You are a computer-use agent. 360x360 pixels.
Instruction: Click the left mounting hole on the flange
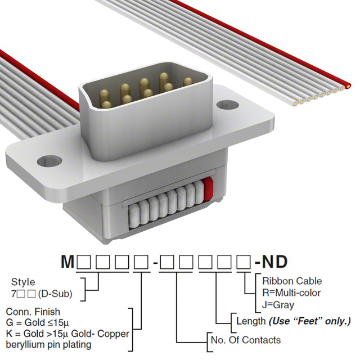49,161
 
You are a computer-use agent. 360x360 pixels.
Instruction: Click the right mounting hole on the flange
227,105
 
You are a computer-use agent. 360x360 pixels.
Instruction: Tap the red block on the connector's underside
208,189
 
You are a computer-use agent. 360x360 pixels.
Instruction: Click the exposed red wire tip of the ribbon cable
348,86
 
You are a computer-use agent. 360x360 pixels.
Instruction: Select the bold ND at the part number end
274,262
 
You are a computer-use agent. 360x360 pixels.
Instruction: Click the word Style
23,282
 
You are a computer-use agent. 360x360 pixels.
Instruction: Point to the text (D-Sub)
55,294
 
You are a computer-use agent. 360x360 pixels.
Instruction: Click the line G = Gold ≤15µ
38,322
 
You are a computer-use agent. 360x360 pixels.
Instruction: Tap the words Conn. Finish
33,312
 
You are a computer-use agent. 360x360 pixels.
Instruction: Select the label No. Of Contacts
246,340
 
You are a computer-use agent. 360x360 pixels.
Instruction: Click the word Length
251,321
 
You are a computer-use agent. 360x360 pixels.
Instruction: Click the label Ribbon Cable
292,281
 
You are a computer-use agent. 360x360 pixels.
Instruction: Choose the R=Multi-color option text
291,292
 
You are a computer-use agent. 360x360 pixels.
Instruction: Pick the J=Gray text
278,305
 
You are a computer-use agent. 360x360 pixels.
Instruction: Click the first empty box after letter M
84,262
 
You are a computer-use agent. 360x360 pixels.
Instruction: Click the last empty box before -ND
244,262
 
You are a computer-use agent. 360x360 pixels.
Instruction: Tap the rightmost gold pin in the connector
188,82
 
